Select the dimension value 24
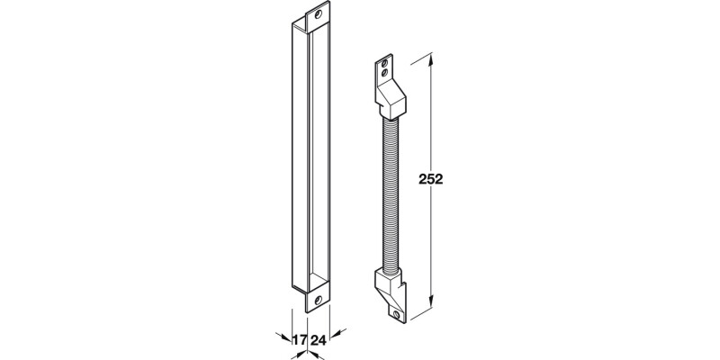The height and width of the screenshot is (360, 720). pyautogui.click(x=318, y=340)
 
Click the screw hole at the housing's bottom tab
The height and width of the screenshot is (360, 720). pyautogui.click(x=318, y=301)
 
